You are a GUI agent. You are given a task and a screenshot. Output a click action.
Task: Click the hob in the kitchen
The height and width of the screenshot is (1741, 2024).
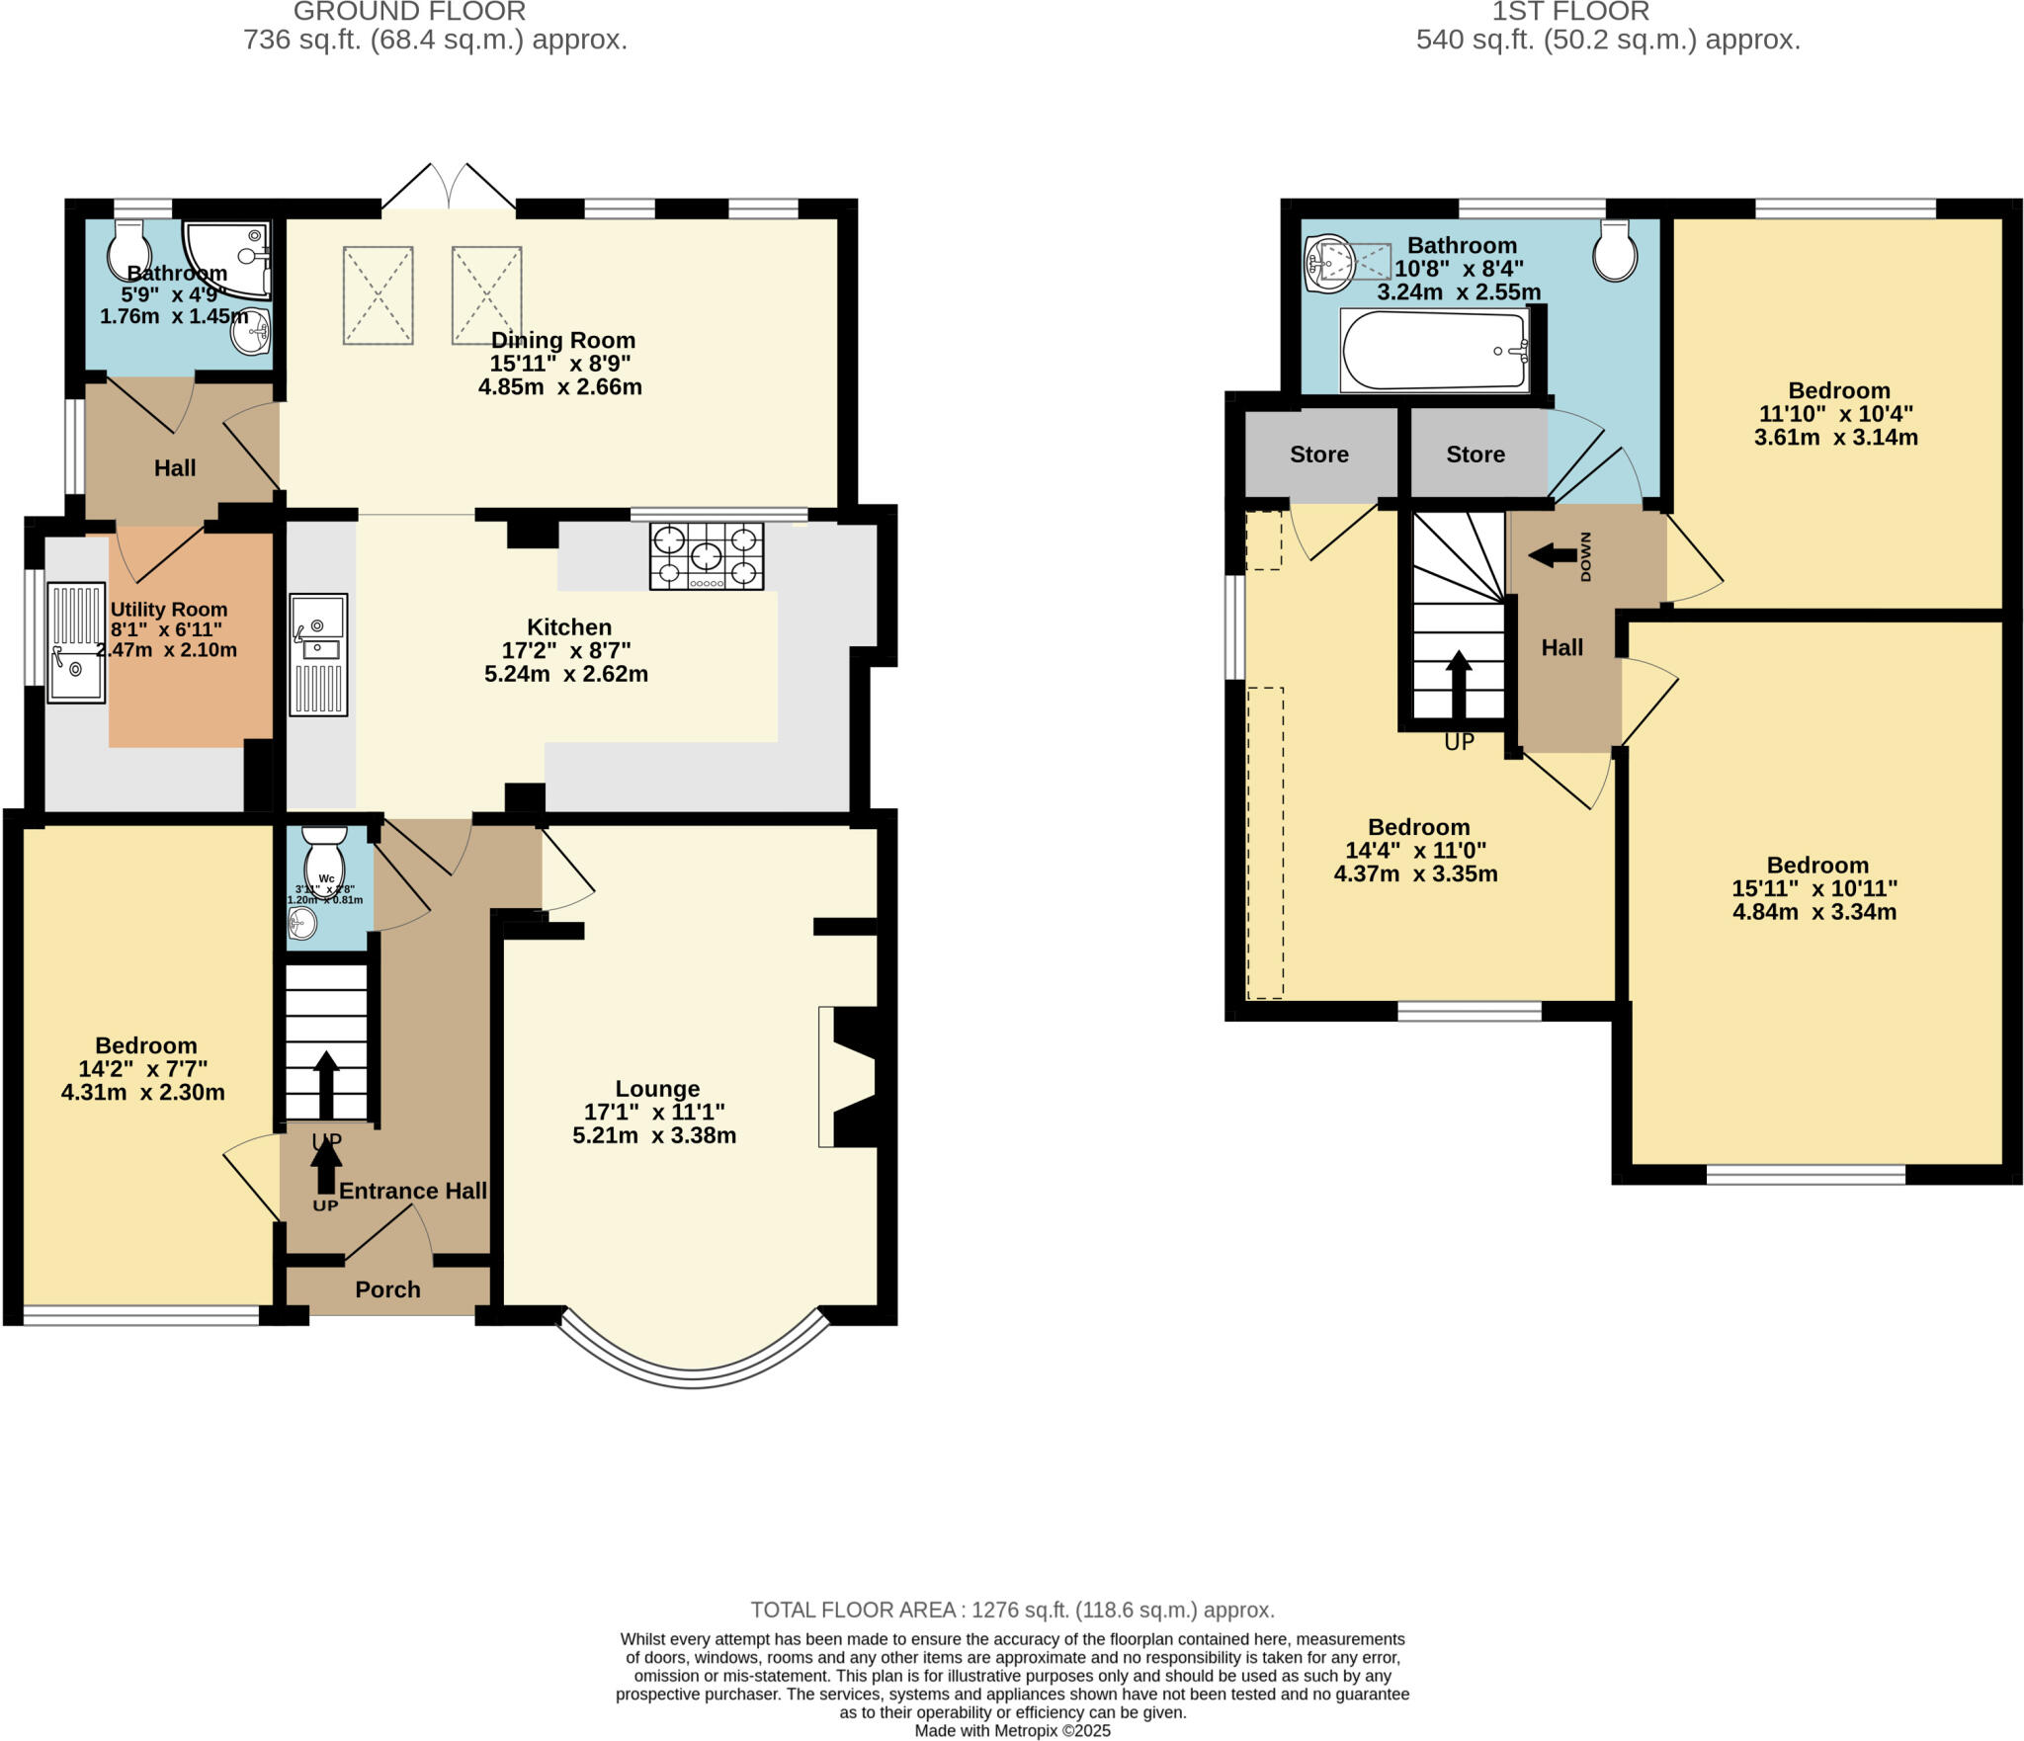(706, 556)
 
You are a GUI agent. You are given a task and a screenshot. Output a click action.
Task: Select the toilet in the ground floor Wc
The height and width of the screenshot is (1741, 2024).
(324, 858)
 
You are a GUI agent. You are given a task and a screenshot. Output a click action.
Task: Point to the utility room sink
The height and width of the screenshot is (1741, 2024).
(76, 642)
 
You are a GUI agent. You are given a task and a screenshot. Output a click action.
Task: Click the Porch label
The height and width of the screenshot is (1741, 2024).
(387, 1289)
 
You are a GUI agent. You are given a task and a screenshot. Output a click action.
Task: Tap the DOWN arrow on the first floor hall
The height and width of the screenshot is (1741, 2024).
(1555, 555)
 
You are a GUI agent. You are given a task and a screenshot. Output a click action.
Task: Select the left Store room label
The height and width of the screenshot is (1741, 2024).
(1318, 455)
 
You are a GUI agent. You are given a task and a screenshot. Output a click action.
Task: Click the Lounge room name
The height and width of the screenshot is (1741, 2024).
(657, 1089)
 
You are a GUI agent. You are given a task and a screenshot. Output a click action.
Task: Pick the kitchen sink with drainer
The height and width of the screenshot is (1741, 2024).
(318, 654)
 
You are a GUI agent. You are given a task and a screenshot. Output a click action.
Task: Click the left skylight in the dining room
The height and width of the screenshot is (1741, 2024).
(378, 295)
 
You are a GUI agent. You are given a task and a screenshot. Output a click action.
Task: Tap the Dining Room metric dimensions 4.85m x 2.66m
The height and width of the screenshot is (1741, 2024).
(560, 387)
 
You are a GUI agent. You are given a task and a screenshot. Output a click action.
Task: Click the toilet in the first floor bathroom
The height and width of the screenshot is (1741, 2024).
(1614, 251)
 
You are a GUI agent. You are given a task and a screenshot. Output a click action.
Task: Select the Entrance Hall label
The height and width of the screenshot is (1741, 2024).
(413, 1191)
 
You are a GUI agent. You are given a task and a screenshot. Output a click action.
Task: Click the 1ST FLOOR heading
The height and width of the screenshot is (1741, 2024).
(1569, 12)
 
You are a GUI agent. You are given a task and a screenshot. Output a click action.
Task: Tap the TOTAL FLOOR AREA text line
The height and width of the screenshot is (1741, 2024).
(1012, 1610)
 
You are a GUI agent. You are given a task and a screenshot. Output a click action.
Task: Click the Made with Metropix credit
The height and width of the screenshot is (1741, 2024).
(1012, 1731)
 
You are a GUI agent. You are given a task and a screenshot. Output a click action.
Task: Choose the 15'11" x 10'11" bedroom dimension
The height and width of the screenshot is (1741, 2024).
(1814, 888)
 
